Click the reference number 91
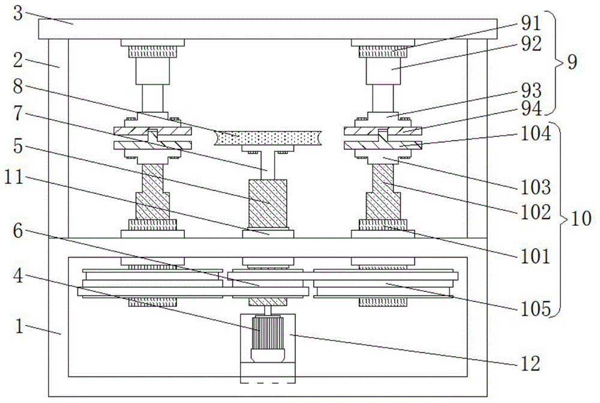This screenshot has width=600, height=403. click(531, 24)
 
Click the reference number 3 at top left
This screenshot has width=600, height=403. click(19, 13)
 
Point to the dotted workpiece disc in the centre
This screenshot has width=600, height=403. click(268, 138)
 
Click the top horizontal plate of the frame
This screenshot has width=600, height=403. click(268, 28)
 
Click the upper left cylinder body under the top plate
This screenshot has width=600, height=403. click(152, 71)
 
